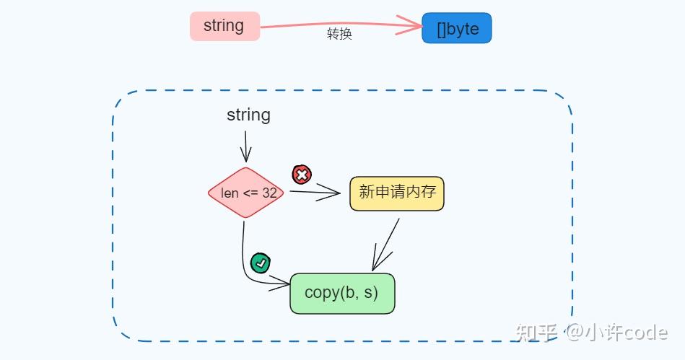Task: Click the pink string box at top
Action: click(x=224, y=26)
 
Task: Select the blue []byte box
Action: click(x=456, y=28)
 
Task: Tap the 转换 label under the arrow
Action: click(x=339, y=35)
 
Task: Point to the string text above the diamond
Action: click(x=248, y=115)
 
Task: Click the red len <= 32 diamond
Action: click(x=245, y=193)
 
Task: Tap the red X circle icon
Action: click(x=302, y=174)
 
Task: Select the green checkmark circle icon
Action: click(x=260, y=263)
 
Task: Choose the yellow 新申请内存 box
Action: click(x=396, y=193)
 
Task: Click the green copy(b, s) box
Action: click(x=342, y=293)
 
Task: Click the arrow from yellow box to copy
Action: click(x=385, y=245)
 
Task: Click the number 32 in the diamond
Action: click(x=269, y=193)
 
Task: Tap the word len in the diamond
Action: click(x=230, y=193)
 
